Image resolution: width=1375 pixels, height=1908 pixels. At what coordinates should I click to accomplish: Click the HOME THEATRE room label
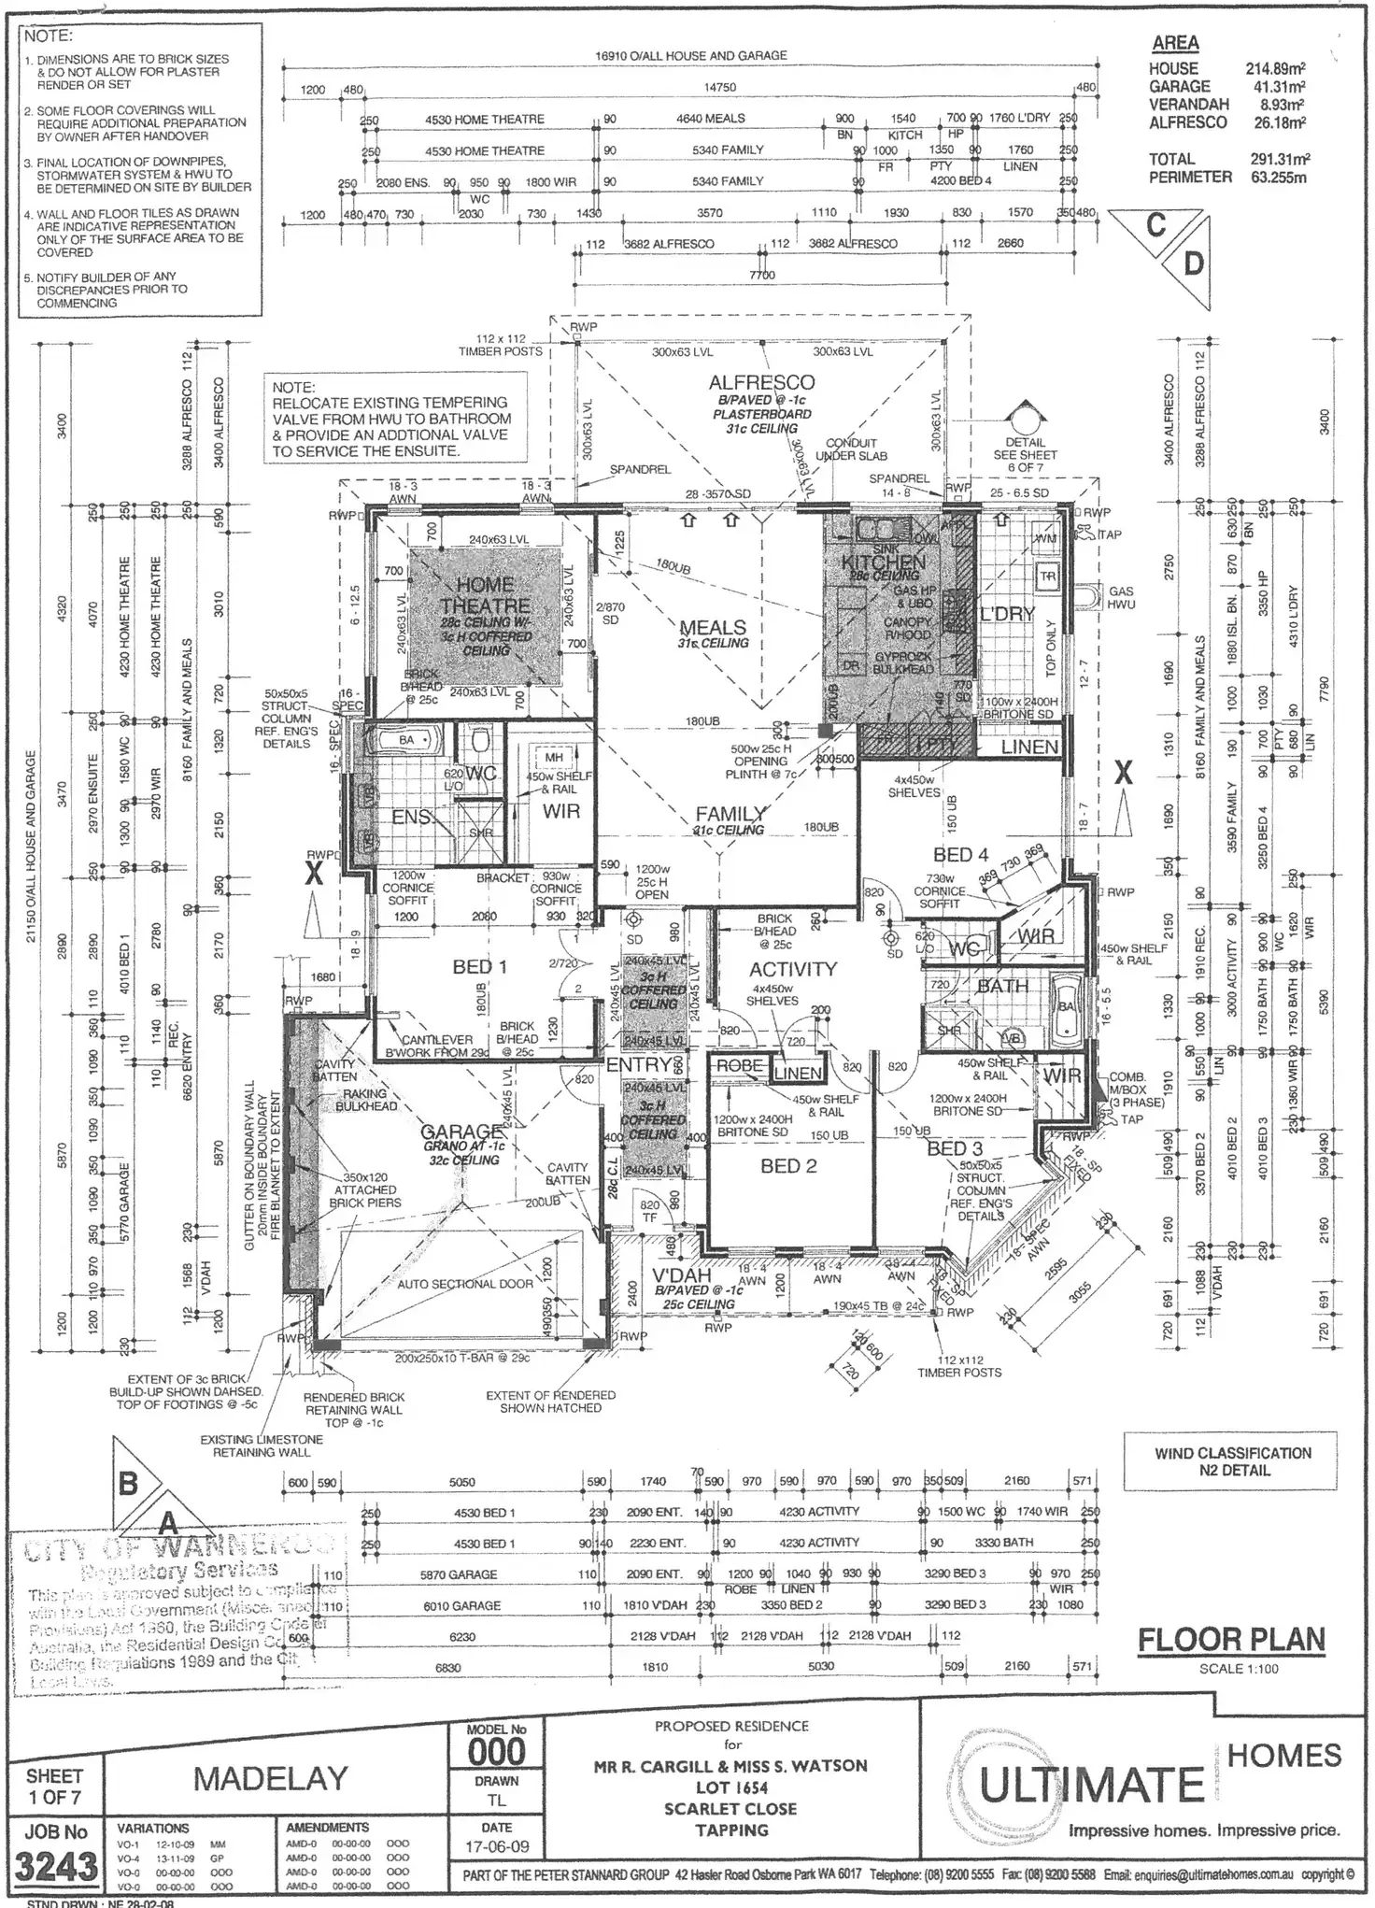[485, 595]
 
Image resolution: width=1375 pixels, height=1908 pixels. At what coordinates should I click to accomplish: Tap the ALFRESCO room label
[761, 382]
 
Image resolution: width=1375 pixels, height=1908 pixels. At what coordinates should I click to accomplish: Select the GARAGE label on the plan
[462, 1132]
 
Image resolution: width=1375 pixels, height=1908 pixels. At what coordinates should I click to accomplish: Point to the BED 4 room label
[960, 854]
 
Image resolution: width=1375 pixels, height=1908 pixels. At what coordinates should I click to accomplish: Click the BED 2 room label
[788, 1166]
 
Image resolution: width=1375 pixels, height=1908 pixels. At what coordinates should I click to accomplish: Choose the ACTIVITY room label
[792, 969]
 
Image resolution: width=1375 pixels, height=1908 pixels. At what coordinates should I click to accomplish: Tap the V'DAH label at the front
[681, 1276]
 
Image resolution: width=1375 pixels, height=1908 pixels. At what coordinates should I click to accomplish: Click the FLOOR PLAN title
[1231, 1640]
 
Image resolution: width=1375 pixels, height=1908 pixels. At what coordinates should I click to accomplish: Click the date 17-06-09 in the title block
[497, 1846]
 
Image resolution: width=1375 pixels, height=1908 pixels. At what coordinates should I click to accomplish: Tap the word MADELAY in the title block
[270, 1778]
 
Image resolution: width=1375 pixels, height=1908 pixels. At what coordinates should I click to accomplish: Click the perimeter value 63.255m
[1278, 177]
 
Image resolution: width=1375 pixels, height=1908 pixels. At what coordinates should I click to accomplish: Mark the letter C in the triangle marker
[1156, 226]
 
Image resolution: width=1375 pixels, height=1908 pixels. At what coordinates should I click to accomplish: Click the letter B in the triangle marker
[128, 1483]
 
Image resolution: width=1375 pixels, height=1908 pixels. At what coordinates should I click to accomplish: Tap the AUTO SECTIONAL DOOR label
[465, 1284]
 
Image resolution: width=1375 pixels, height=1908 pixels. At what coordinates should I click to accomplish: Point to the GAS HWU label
[1121, 598]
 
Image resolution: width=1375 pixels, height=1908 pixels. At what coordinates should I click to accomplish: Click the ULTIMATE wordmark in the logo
[1091, 1786]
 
